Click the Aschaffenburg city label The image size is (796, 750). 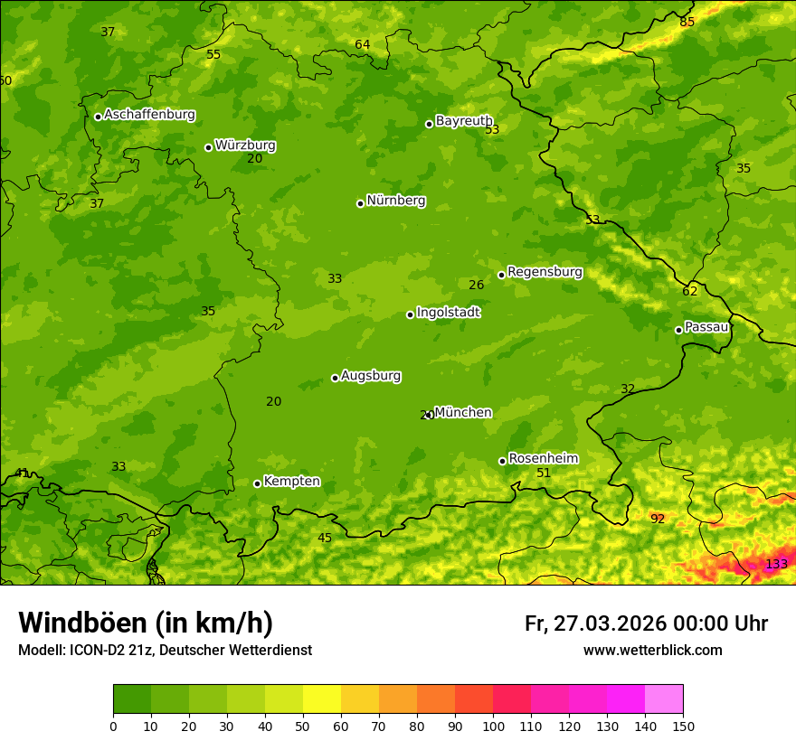149,115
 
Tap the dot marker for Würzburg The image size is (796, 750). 208,147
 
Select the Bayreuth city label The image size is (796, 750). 463,120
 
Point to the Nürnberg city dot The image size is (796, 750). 360,203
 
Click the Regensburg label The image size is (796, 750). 545,271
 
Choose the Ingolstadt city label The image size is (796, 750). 448,312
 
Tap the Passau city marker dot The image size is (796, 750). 678,330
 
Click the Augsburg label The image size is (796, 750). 371,375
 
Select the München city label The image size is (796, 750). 463,412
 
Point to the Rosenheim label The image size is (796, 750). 543,458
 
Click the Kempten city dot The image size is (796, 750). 257,483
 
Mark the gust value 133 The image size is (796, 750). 776,564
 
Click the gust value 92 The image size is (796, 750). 658,519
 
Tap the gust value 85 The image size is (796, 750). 687,22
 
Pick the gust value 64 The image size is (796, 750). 362,44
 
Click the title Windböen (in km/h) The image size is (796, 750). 146,623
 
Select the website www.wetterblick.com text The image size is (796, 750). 652,650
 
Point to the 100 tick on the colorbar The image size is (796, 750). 493,726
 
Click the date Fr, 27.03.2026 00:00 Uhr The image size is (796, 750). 646,623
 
